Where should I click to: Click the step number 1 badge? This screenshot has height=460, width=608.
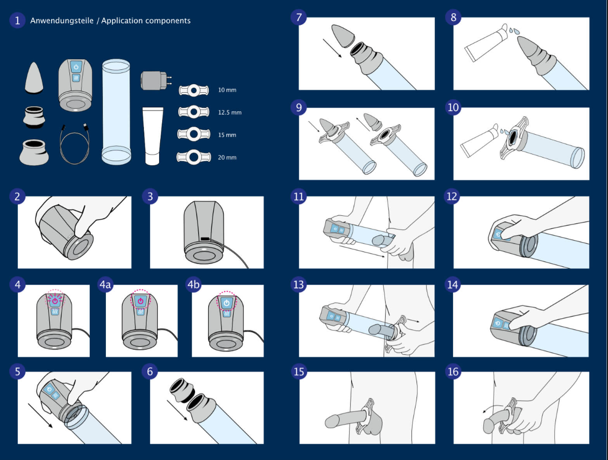coord(17,21)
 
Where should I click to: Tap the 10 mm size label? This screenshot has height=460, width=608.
coord(227,90)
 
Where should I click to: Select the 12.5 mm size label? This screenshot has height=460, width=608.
coord(230,112)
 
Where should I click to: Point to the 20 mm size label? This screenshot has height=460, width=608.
coord(227,158)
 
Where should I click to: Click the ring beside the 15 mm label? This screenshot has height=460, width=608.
coord(193,134)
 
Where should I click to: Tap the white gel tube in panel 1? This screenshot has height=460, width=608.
coord(152,135)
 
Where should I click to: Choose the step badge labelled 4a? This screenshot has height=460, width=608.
coord(105,285)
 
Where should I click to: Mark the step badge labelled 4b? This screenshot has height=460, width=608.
coord(194,285)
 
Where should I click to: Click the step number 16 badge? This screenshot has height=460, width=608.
coord(453,372)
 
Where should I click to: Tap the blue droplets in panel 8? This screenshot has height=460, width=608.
coord(513,30)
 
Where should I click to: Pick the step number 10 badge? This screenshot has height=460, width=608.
coord(453,108)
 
